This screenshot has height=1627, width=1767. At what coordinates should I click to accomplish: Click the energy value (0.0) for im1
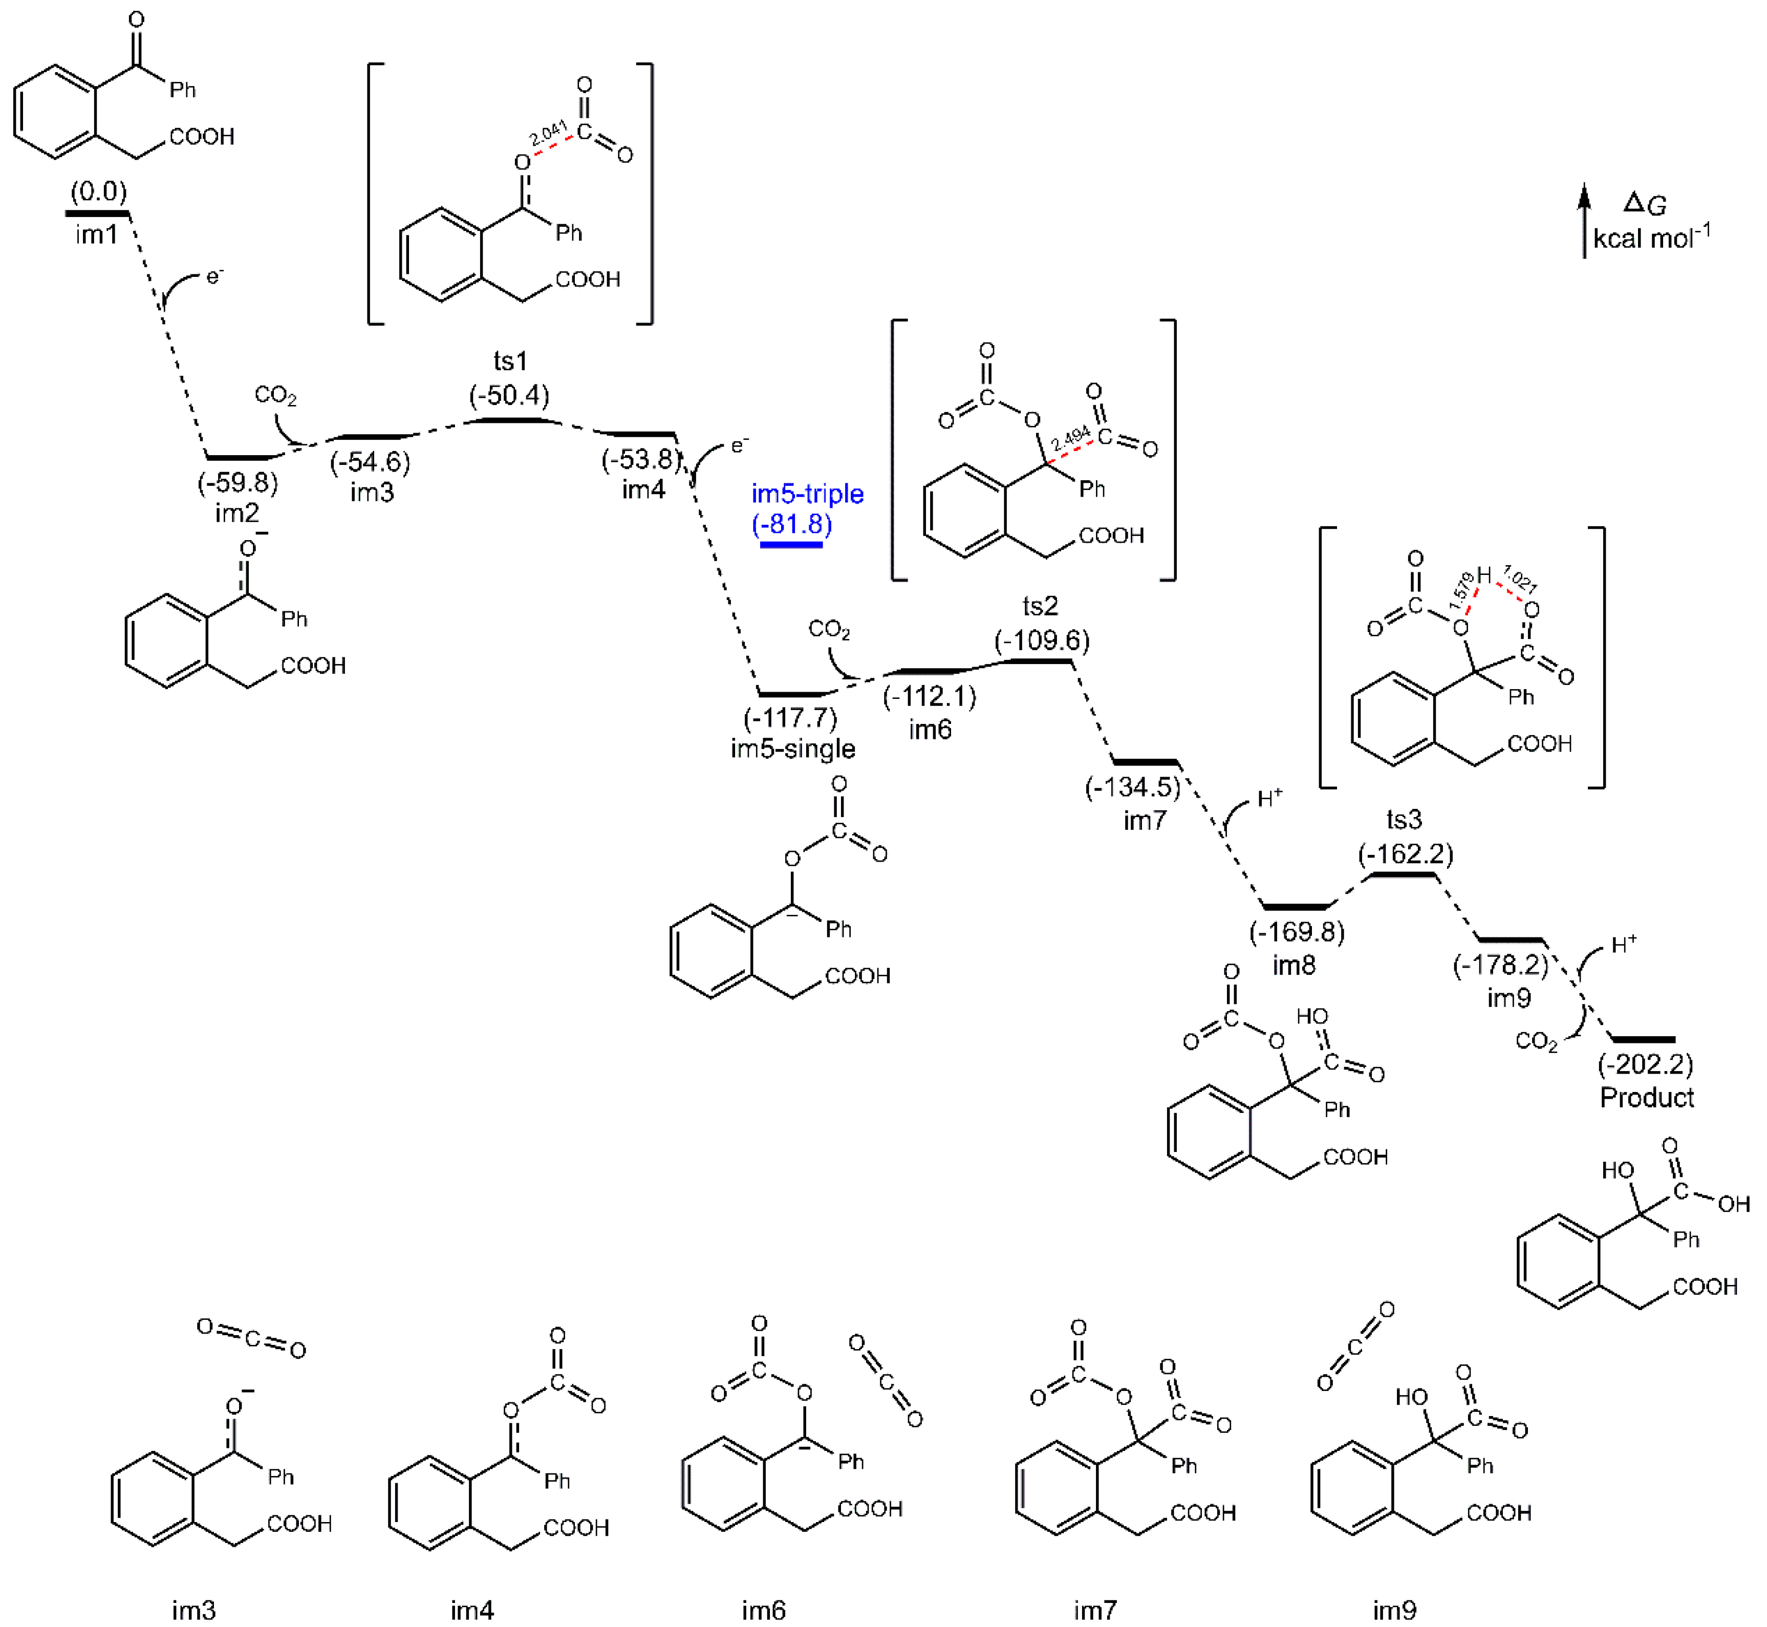(x=99, y=191)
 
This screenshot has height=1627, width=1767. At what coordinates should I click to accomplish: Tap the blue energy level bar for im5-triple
(x=791, y=545)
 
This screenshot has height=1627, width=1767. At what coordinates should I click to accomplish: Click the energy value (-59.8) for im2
(x=238, y=482)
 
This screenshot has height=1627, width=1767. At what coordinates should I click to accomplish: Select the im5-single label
(x=792, y=748)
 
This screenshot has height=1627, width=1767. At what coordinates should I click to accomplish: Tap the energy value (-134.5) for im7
(x=1132, y=786)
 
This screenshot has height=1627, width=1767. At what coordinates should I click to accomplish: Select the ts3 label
(x=1404, y=820)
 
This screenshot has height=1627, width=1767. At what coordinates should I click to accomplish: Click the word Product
(x=1646, y=1097)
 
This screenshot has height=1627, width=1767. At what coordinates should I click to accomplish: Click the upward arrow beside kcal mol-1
(x=1584, y=220)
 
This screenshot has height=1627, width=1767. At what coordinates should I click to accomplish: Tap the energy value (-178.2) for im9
(x=1500, y=965)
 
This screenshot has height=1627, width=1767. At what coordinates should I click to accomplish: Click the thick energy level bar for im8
(x=1295, y=906)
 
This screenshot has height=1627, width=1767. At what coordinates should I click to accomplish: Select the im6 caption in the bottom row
(x=763, y=1610)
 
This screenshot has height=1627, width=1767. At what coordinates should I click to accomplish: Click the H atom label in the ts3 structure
(x=1484, y=576)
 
